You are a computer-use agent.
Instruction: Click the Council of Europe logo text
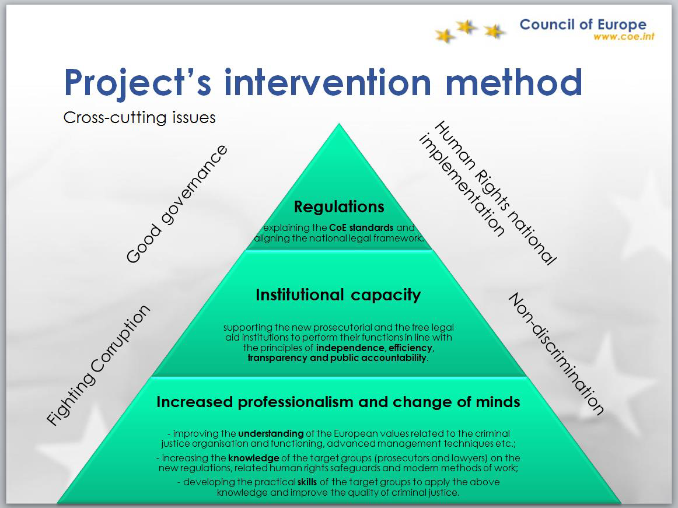583,24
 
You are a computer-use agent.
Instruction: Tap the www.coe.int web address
624,37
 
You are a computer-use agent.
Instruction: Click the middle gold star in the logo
466,27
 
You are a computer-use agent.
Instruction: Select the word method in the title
513,82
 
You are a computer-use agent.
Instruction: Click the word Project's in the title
138,83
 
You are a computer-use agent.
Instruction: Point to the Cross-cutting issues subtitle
139,118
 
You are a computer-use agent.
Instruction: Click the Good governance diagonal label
176,204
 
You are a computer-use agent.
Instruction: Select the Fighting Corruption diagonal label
99,365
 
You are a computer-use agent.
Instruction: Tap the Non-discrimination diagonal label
556,353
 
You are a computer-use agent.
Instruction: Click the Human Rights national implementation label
488,193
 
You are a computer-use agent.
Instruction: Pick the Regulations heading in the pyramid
339,206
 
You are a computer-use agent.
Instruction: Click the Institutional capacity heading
338,295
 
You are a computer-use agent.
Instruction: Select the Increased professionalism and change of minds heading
338,402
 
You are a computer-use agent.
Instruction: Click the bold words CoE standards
361,227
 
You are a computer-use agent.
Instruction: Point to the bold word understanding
271,434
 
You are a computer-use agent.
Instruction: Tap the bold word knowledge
254,458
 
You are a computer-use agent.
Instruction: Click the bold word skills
307,482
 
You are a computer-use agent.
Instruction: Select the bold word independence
350,348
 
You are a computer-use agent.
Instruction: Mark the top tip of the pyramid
339,124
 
